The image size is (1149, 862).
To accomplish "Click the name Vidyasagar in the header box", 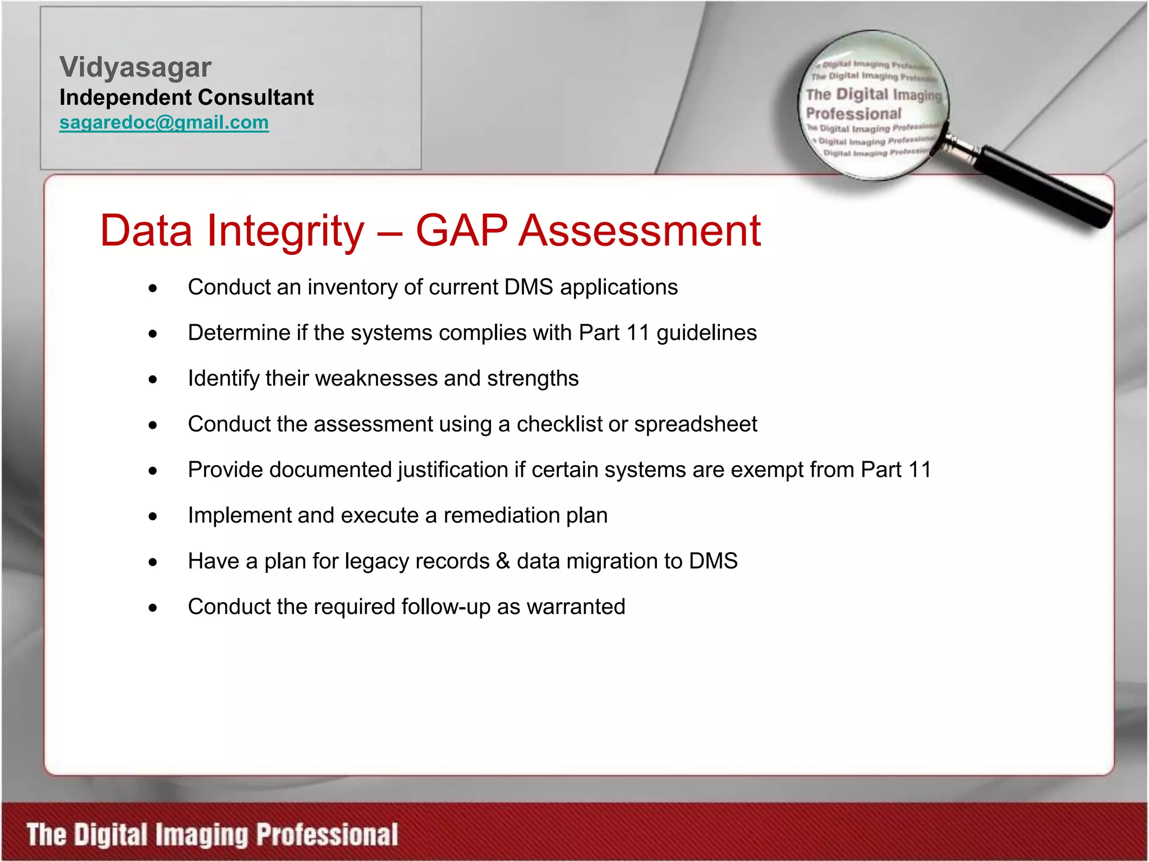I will click(135, 67).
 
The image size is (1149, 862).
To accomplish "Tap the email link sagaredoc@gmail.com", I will click(164, 122).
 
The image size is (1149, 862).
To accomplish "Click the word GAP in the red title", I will click(461, 231).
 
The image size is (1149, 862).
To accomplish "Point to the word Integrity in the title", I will click(286, 231).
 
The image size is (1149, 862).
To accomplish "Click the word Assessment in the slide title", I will click(639, 231).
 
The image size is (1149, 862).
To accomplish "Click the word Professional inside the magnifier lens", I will click(853, 114).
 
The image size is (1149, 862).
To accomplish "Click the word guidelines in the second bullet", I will click(706, 333).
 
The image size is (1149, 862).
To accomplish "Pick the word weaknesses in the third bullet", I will click(376, 379).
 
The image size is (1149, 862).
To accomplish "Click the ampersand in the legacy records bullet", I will click(503, 561).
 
